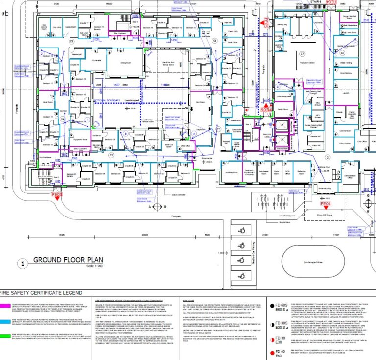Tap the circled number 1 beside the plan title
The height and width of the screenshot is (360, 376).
(x=22, y=263)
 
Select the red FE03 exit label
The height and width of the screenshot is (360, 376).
(x=57, y=195)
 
